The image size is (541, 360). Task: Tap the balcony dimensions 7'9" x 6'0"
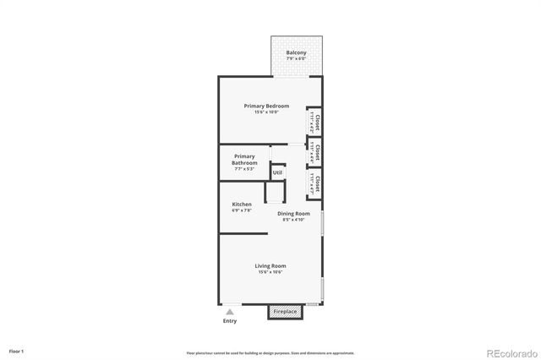click(x=296, y=59)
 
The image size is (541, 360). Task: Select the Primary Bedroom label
click(x=266, y=106)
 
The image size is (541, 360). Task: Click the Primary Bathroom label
click(x=244, y=160)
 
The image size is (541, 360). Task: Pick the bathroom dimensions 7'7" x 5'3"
click(x=244, y=169)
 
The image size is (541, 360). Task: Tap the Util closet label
click(x=277, y=172)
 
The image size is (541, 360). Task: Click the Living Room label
click(x=270, y=266)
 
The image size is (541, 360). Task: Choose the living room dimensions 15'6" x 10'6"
click(x=270, y=272)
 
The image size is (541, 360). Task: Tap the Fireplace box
click(x=284, y=312)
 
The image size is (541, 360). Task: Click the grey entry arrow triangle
click(x=229, y=312)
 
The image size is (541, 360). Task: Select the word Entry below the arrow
click(x=229, y=321)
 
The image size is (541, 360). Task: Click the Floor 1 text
click(x=17, y=350)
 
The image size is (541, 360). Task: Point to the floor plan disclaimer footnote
click(x=270, y=352)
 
